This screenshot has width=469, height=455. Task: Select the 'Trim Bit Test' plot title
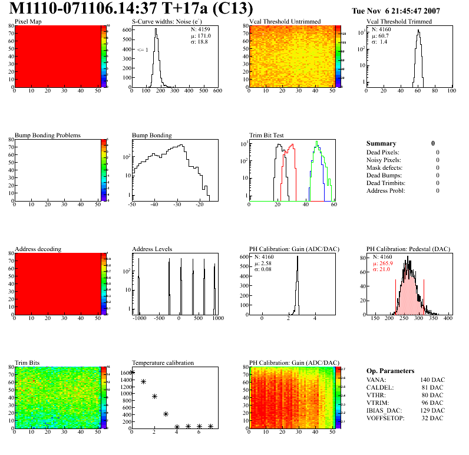267,135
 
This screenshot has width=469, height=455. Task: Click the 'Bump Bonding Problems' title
48,135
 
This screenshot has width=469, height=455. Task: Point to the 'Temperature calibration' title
163,362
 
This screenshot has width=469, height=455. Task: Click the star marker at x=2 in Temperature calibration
154,396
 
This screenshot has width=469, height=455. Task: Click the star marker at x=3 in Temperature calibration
166,414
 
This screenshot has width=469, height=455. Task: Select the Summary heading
381,143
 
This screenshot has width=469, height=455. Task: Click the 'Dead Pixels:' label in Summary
383,152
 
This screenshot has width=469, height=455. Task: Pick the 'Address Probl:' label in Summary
385,190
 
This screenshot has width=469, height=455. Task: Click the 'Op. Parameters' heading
390,371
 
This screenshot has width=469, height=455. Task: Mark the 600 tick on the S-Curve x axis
217,91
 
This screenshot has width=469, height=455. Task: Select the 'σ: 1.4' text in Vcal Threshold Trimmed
379,42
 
